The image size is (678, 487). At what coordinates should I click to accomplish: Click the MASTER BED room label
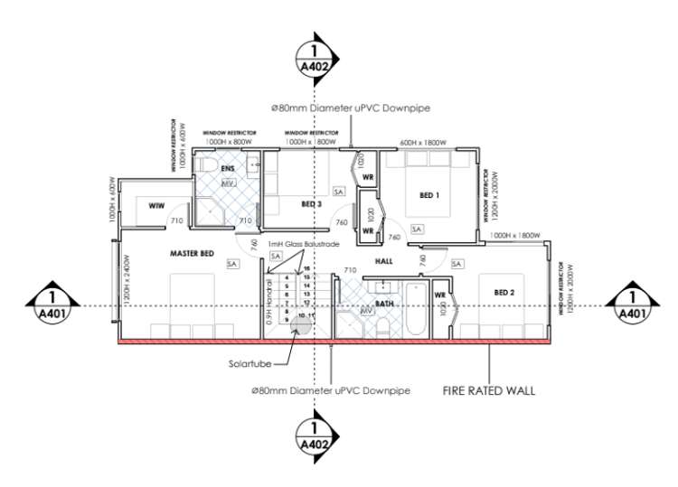[192, 254]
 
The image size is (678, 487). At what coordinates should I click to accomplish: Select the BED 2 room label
[504, 293]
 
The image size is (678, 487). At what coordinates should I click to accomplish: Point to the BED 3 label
[312, 204]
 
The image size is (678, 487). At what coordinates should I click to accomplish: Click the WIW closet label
[155, 207]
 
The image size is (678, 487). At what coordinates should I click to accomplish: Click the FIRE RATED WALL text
[488, 391]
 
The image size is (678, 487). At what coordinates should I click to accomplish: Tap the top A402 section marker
[315, 58]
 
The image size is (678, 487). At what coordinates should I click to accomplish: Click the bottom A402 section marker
[315, 433]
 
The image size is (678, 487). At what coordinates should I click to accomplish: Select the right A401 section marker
[631, 305]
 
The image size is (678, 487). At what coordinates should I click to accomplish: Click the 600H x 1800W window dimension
[423, 142]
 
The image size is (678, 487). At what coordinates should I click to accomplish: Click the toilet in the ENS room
[207, 168]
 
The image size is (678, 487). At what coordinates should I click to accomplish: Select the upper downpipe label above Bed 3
[351, 108]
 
